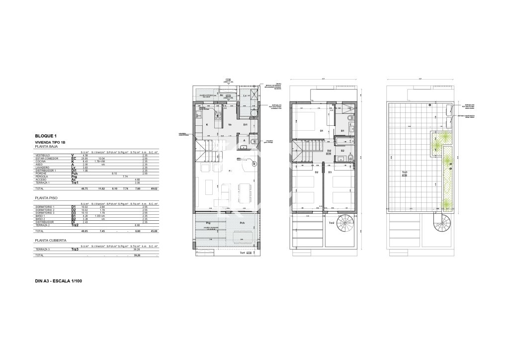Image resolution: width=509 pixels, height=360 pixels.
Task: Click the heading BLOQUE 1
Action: click(x=46, y=136)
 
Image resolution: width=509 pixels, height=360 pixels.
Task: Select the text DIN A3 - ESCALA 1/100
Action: click(x=59, y=281)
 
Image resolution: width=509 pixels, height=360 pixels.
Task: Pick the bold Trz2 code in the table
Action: click(x=75, y=225)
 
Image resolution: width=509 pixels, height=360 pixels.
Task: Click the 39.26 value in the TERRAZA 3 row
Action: click(x=135, y=250)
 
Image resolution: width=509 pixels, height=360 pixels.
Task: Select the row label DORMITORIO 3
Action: click(x=45, y=213)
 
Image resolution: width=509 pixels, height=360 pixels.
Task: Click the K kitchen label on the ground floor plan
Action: click(x=207, y=125)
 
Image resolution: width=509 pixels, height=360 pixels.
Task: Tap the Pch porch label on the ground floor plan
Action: click(x=242, y=223)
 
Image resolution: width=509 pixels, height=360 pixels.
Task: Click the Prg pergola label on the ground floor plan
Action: click(x=208, y=223)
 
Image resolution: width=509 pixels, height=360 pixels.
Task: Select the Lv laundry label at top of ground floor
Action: click(x=245, y=95)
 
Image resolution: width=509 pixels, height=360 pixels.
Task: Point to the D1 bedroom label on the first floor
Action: click(x=322, y=131)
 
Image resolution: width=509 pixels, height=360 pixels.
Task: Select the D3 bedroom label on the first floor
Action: click(x=330, y=172)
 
